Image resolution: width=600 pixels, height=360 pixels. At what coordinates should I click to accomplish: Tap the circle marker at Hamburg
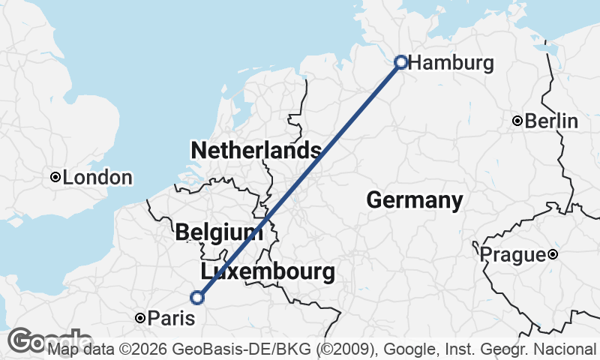click(401, 61)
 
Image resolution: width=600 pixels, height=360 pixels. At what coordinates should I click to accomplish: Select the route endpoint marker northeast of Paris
click(197, 298)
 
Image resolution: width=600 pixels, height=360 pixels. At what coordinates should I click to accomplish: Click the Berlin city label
click(551, 121)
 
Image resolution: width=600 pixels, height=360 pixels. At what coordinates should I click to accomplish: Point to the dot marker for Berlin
click(517, 121)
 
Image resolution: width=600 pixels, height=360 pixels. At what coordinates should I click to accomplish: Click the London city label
click(97, 178)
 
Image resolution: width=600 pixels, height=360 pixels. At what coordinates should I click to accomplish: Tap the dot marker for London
click(55, 177)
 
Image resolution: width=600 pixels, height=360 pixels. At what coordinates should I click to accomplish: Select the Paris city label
click(170, 319)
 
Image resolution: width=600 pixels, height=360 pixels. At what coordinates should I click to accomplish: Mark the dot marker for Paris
click(139, 319)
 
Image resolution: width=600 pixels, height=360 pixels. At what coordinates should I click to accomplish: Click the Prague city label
click(512, 255)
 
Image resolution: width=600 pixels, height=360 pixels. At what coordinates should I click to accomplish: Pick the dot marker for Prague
click(553, 255)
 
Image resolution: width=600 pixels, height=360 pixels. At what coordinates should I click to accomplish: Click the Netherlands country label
click(256, 150)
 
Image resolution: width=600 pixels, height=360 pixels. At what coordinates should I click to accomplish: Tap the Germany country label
click(414, 200)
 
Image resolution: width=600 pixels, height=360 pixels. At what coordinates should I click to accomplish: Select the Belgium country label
click(219, 232)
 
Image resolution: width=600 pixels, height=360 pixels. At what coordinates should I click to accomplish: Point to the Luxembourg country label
click(268, 271)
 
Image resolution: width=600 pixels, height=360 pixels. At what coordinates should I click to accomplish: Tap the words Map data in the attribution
click(79, 349)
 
